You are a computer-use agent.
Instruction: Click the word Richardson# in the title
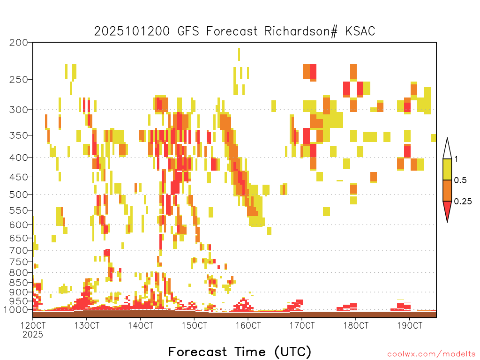pyautogui.click(x=301, y=31)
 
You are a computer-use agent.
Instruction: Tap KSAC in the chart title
pyautogui.click(x=360, y=31)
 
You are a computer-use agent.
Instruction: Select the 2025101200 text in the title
pyautogui.click(x=132, y=31)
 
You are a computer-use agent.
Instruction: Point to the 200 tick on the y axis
pyautogui.click(x=18, y=43)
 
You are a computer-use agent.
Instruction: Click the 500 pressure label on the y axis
pyautogui.click(x=18, y=195)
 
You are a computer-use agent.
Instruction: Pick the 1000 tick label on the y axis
pyautogui.click(x=16, y=309)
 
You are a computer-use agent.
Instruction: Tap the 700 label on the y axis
pyautogui.click(x=18, y=250)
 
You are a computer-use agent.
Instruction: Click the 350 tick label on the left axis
pyautogui.click(x=18, y=135)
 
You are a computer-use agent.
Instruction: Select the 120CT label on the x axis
pyautogui.click(x=33, y=325)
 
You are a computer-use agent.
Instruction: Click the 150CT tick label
pyautogui.click(x=195, y=325)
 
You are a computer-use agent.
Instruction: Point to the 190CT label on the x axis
pyautogui.click(x=410, y=325)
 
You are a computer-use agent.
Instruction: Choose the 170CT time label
pyautogui.click(x=302, y=325)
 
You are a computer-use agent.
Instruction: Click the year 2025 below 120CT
pyautogui.click(x=33, y=335)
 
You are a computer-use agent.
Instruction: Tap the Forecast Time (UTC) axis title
pyautogui.click(x=240, y=352)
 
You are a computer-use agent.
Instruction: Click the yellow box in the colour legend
pyautogui.click(x=447, y=169)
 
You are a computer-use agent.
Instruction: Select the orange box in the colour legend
pyautogui.click(x=447, y=190)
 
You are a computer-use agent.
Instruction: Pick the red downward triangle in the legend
pyautogui.click(x=447, y=210)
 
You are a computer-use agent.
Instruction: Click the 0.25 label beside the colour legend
pyautogui.click(x=463, y=202)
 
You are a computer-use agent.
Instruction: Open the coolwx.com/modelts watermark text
pyautogui.click(x=431, y=354)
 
